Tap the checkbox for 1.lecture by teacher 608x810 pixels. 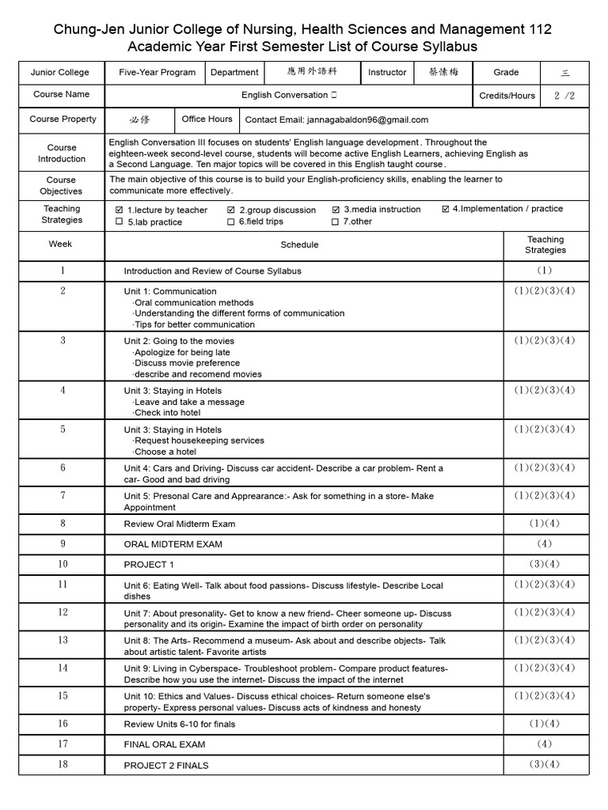120,210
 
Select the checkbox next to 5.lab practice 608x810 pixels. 120,222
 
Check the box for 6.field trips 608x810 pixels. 231,222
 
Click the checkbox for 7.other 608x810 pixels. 336,222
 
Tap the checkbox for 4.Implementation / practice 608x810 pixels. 446,210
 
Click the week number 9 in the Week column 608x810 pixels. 62,544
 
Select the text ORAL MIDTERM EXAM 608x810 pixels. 173,544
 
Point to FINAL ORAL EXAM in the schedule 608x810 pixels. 164,744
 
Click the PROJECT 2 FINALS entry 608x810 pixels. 166,766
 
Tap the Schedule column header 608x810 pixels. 299,245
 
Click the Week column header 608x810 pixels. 60,244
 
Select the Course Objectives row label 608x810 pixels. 61,186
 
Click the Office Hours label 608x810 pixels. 207,119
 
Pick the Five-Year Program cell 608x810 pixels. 157,73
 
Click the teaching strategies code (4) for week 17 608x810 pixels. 545,744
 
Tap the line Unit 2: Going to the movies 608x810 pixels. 179,341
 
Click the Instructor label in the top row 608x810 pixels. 387,73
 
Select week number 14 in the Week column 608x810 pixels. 63,668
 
